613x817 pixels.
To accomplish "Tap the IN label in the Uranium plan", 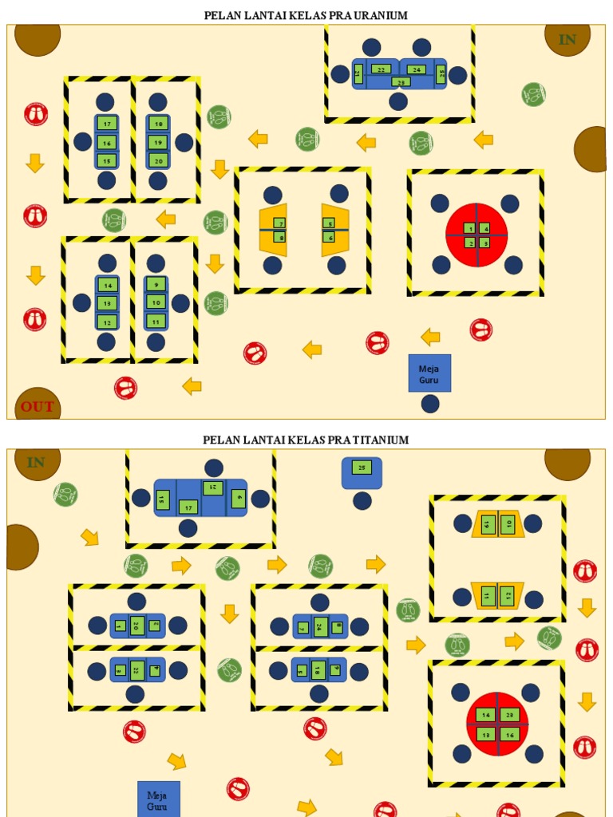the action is (568, 39).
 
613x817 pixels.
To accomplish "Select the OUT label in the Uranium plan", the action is (38, 406).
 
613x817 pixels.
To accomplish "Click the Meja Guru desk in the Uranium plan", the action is (429, 373).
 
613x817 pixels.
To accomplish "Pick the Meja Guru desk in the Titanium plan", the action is (159, 799).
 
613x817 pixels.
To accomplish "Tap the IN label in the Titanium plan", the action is (36, 462).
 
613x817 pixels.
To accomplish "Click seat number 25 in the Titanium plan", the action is (362, 468).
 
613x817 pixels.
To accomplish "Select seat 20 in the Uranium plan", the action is (157, 160).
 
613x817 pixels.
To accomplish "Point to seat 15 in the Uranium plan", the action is (106, 160).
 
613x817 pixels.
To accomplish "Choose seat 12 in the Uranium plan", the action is (106, 322).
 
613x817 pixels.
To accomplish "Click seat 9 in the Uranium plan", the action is (156, 284).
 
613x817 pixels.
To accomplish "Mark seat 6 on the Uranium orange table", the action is (329, 237).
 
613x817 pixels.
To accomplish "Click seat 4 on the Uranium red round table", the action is (484, 228).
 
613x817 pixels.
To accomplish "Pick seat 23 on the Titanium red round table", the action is (511, 715).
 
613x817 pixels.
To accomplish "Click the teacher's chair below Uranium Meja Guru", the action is (430, 404).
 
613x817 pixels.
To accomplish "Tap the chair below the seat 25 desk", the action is (362, 501).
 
